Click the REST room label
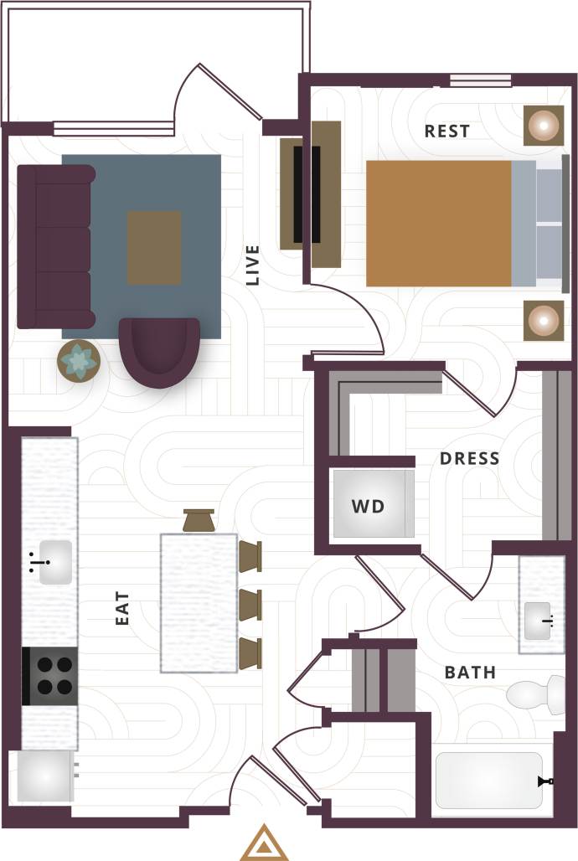(446, 131)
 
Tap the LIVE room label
(253, 266)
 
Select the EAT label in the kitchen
(123, 609)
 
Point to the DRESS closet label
(469, 459)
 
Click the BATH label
(470, 673)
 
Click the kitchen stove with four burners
(50, 676)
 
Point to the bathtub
(490, 781)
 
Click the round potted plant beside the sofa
(79, 361)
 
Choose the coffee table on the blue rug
(154, 248)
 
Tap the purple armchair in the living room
(159, 352)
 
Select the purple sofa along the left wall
(55, 246)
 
